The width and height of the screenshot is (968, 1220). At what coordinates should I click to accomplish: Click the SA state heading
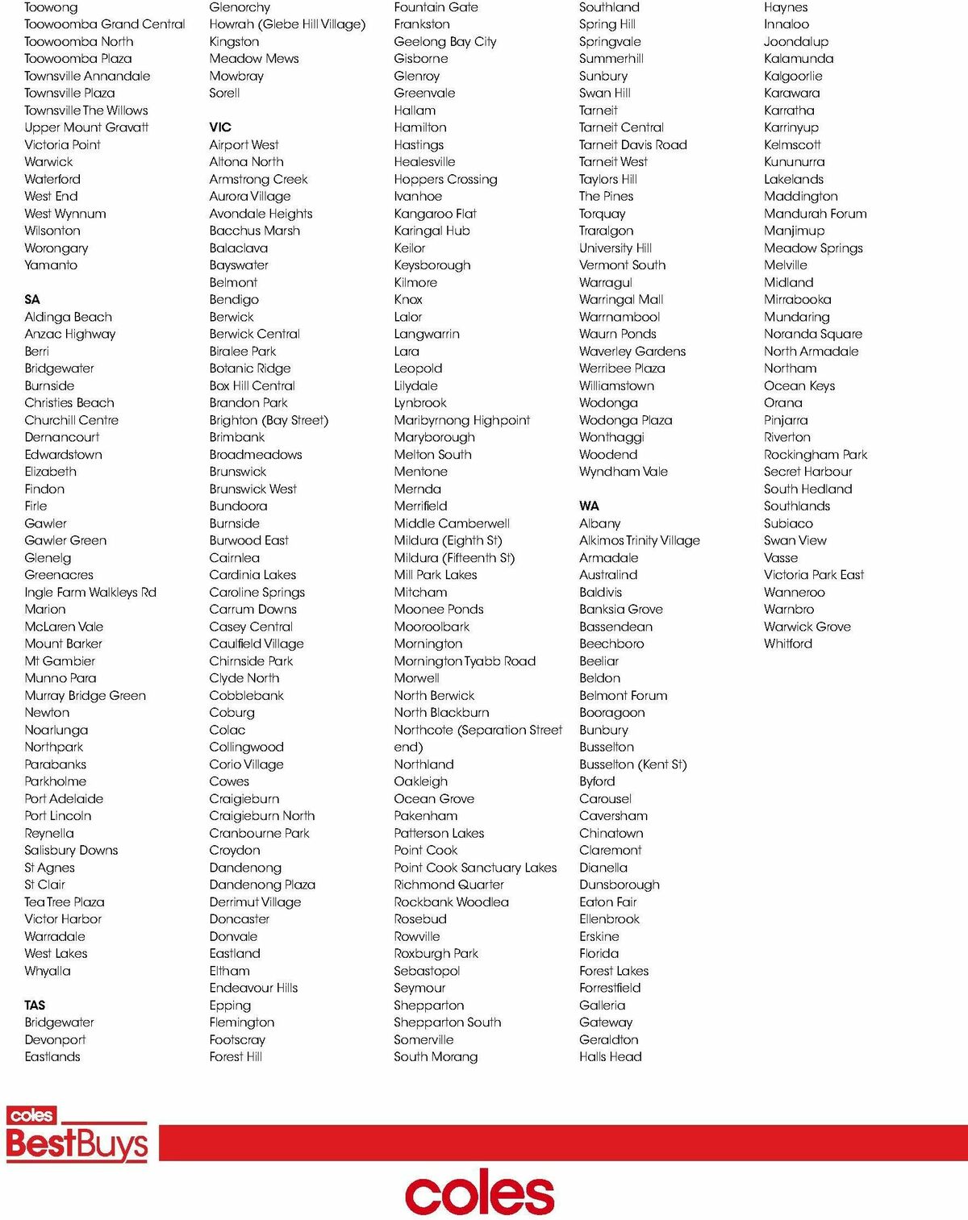pyautogui.click(x=32, y=299)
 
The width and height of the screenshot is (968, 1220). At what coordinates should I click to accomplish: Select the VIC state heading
pyautogui.click(x=220, y=127)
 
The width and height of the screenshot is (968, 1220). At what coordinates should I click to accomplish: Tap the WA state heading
pyautogui.click(x=589, y=506)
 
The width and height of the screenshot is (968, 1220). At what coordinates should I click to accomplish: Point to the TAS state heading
pyautogui.click(x=35, y=1005)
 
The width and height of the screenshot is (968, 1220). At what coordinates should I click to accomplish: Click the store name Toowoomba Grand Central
pyautogui.click(x=105, y=24)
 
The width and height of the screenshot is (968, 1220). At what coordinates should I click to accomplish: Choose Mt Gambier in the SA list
pyautogui.click(x=60, y=660)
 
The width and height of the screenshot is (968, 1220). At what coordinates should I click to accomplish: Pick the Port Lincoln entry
pyautogui.click(x=58, y=815)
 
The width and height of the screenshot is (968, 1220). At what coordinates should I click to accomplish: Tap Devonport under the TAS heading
pyautogui.click(x=55, y=1039)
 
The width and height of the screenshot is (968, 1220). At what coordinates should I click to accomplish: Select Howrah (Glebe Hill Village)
pyautogui.click(x=287, y=24)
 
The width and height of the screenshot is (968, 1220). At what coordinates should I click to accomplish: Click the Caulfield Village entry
pyautogui.click(x=257, y=643)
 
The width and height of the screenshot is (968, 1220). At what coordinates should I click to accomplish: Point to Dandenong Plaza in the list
pyautogui.click(x=262, y=885)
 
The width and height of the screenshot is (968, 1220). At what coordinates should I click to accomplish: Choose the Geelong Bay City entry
pyautogui.click(x=445, y=41)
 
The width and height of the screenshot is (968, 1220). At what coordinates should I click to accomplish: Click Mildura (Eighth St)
pyautogui.click(x=448, y=540)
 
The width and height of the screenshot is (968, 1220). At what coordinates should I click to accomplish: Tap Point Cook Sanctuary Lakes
pyautogui.click(x=475, y=868)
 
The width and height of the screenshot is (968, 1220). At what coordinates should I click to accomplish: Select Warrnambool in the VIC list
pyautogui.click(x=620, y=317)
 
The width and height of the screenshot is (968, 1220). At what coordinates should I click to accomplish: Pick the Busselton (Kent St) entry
pyautogui.click(x=633, y=764)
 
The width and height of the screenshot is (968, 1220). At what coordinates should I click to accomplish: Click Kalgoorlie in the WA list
pyautogui.click(x=793, y=76)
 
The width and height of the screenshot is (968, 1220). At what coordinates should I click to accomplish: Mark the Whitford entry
pyautogui.click(x=788, y=643)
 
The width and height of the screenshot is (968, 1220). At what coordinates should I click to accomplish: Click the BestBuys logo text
pyautogui.click(x=77, y=1144)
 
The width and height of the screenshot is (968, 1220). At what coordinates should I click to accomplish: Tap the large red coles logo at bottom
pyautogui.click(x=479, y=1194)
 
